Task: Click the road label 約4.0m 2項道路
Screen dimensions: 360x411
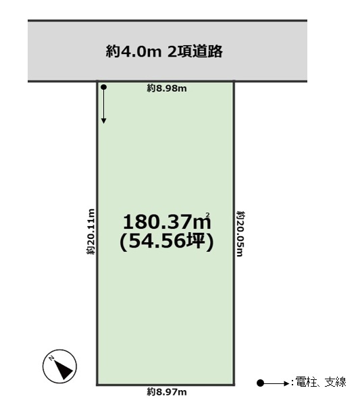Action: [164, 51]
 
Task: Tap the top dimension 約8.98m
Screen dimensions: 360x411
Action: [167, 88]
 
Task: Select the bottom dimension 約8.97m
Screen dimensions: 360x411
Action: [167, 392]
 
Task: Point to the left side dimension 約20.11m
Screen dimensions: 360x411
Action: [91, 231]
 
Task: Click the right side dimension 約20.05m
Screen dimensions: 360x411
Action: [240, 234]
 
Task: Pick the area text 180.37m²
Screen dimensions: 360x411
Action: [167, 221]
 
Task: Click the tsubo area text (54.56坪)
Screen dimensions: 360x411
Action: [167, 241]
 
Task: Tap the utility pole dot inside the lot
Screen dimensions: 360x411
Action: [104, 87]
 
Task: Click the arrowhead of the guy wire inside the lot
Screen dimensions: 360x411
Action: [104, 121]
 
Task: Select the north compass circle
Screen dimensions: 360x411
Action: [60, 366]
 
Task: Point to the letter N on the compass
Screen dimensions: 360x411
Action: [52, 358]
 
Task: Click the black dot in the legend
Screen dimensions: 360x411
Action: [260, 383]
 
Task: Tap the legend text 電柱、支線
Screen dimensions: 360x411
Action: [321, 382]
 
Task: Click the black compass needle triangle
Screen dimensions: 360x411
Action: [63, 369]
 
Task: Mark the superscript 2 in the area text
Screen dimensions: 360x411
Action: [208, 215]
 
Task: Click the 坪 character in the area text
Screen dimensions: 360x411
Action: [195, 241]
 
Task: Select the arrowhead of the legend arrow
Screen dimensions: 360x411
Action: [286, 383]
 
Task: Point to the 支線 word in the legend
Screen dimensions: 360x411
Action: [335, 382]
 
